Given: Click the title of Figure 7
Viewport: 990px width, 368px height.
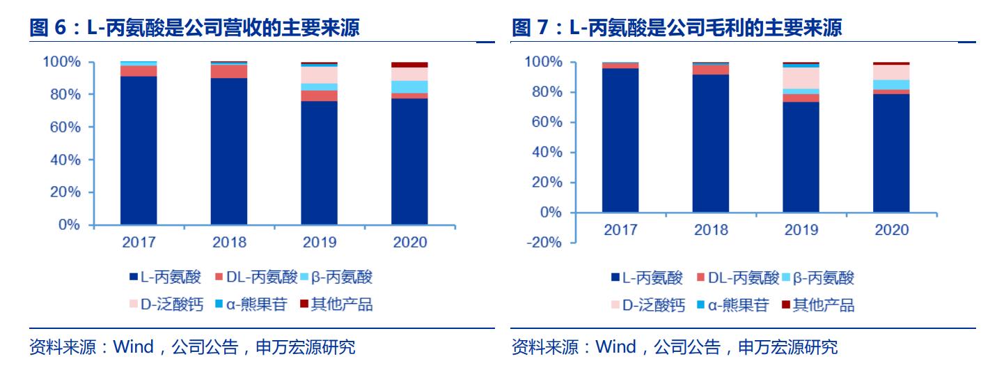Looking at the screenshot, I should [677, 29].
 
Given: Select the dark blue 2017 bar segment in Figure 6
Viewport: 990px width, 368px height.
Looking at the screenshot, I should [139, 150].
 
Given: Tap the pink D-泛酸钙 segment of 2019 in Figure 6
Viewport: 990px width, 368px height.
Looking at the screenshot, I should [319, 75].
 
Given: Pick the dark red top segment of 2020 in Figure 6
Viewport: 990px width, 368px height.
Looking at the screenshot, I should [409, 65].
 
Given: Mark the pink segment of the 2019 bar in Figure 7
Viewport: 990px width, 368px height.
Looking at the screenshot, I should [801, 78].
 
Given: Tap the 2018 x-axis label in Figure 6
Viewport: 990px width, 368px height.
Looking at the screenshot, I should [229, 243].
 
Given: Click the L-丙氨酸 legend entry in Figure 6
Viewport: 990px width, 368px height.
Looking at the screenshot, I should [166, 277].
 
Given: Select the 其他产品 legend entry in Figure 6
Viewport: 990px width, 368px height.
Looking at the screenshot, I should [336, 305].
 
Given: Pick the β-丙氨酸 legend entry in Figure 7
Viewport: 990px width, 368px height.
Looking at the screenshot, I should [819, 278].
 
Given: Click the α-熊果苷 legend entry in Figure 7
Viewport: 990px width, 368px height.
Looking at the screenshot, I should [732, 305].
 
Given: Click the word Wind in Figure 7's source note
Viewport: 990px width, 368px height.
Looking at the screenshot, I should [616, 346].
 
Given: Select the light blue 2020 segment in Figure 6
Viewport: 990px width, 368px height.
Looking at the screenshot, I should [409, 86].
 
